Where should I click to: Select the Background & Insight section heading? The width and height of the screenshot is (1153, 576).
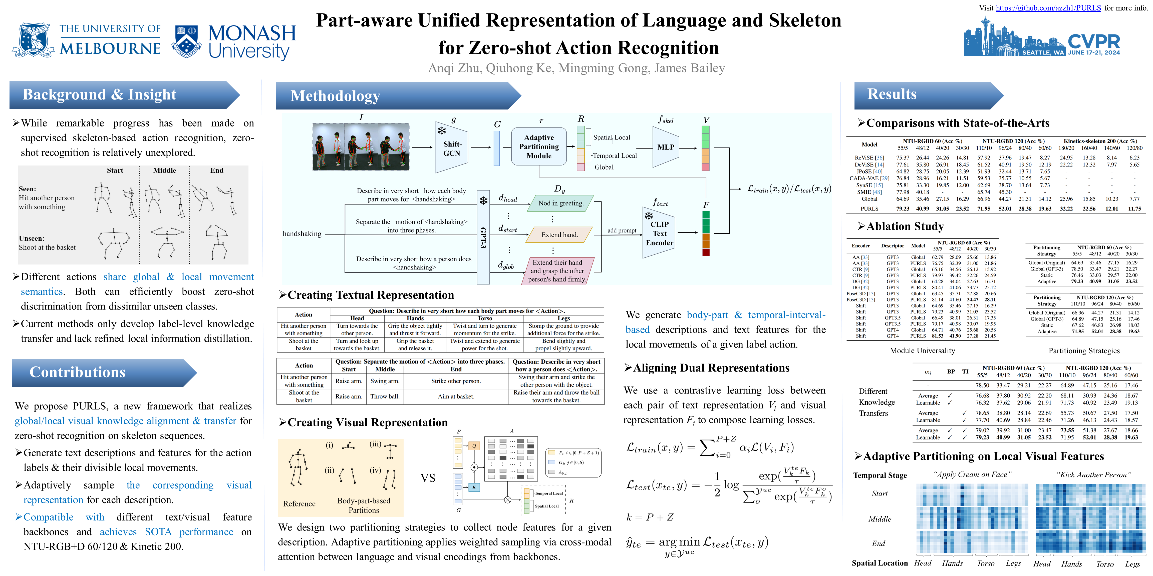point(99,95)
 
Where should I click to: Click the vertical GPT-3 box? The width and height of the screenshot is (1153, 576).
point(483,237)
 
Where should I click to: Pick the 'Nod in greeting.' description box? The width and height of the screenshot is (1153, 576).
point(561,203)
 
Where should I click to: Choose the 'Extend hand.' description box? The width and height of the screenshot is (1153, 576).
point(559,235)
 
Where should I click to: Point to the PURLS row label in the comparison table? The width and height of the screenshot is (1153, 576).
point(869,208)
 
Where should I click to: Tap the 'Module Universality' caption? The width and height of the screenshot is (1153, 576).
point(922,350)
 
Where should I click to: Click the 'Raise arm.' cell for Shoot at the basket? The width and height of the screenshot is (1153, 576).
point(349,396)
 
